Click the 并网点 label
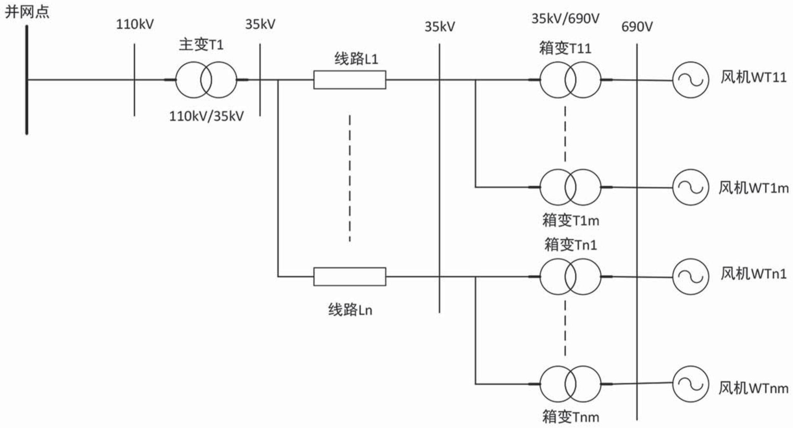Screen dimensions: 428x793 [x=27, y=12]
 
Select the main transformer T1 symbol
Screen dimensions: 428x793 [x=206, y=80]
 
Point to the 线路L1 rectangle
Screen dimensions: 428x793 [x=349, y=80]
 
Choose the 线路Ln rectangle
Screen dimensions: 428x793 [x=349, y=277]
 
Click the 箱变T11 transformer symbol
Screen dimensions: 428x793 [x=570, y=80]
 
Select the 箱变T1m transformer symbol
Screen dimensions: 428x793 [x=570, y=187]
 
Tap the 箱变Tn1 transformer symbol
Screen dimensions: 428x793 [x=570, y=277]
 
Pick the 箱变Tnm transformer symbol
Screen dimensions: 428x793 [x=570, y=384]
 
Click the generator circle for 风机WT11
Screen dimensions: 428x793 [x=691, y=80]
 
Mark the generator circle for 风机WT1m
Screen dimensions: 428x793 [x=691, y=187]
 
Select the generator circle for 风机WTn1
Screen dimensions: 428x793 [x=691, y=277]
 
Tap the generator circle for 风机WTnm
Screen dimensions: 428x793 [x=691, y=384]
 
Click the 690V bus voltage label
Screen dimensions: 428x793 [x=637, y=27]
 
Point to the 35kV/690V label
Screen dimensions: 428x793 [x=565, y=19]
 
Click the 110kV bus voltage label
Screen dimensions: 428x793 [x=135, y=25]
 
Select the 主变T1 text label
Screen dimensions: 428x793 [x=201, y=45]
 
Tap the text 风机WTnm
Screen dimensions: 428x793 [x=753, y=388]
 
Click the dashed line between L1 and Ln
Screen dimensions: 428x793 [x=349, y=178]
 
